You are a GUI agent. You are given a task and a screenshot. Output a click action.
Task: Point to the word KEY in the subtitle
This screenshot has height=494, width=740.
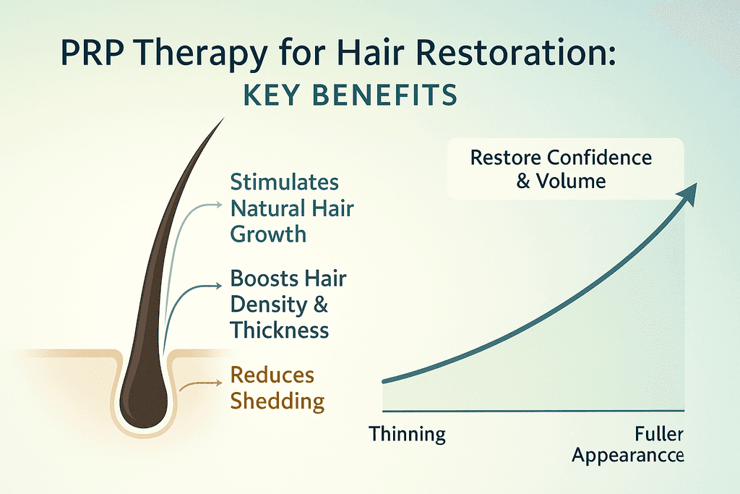[x=271, y=95]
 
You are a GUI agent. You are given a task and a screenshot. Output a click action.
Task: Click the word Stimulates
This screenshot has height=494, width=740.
[x=285, y=182]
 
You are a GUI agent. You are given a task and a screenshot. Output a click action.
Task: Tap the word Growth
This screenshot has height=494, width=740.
[x=268, y=234]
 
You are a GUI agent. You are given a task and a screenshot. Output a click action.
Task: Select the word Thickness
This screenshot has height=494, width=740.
[x=280, y=330]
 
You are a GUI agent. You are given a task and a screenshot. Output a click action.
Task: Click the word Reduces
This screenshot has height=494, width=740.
[x=272, y=375]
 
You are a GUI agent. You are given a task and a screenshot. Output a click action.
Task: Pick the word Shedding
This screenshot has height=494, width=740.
[x=277, y=401]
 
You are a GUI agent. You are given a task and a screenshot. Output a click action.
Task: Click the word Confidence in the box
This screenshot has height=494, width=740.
[x=599, y=158]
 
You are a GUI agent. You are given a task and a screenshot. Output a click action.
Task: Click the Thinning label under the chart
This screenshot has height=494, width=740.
[x=408, y=434]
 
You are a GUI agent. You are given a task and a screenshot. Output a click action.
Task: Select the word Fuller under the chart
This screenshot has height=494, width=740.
[x=659, y=433]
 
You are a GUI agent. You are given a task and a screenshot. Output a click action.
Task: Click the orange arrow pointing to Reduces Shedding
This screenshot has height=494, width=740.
[x=200, y=385]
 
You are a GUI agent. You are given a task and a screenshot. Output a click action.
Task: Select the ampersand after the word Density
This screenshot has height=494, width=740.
[x=320, y=305]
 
